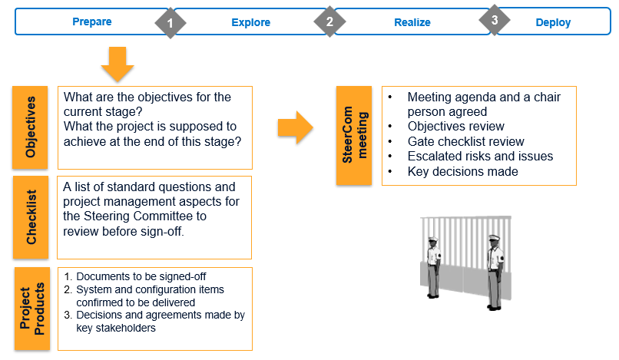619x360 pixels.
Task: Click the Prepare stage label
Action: click(91, 21)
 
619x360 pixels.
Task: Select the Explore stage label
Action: click(250, 22)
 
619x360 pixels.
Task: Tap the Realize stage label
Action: click(412, 22)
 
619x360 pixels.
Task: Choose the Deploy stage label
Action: click(553, 22)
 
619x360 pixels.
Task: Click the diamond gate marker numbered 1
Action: click(170, 23)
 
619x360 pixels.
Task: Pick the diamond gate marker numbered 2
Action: click(329, 22)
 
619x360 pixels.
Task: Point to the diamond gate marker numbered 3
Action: click(494, 20)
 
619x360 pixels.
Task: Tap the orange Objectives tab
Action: click(31, 127)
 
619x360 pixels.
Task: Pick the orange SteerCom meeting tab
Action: click(355, 135)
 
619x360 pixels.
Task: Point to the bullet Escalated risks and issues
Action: click(480, 157)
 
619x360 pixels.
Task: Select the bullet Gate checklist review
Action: click(465, 141)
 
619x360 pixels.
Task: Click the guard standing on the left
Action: click(433, 266)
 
